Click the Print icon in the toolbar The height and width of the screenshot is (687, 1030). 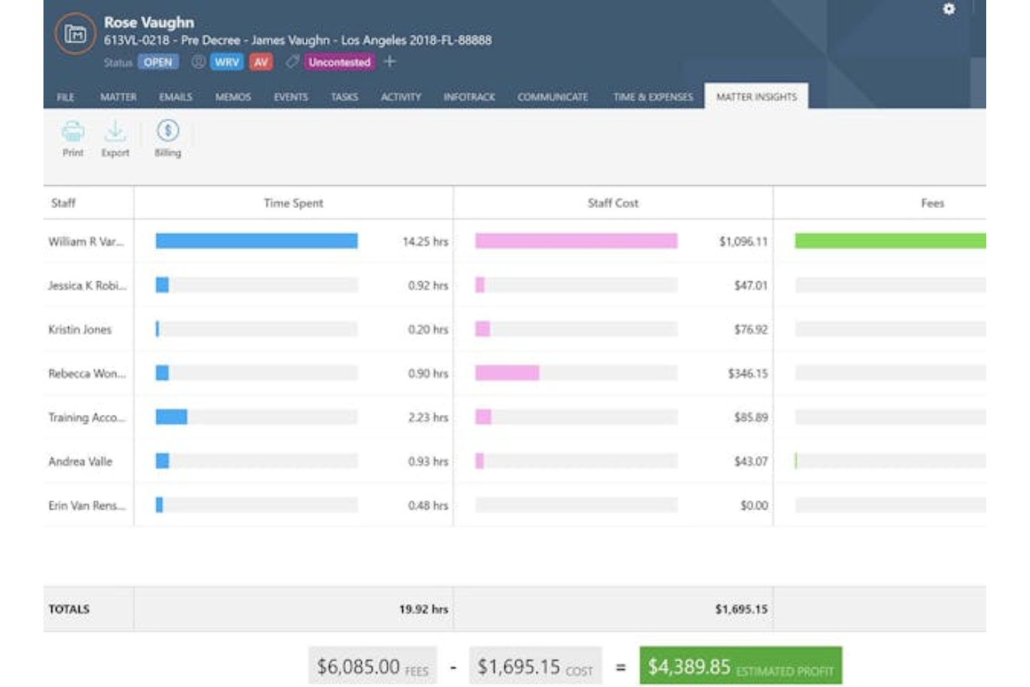72,132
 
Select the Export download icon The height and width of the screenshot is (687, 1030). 115,132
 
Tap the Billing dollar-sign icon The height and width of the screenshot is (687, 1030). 168,132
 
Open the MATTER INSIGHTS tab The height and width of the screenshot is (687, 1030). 756,97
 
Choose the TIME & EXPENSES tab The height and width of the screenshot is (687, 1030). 653,97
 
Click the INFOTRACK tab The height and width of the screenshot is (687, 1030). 469,97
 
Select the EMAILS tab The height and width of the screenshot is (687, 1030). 175,97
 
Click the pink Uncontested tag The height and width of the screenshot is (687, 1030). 340,62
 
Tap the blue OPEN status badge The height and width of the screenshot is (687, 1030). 158,62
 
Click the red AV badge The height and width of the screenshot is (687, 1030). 261,62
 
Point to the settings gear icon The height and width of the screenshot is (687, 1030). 949,9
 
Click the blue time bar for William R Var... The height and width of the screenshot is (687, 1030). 256,241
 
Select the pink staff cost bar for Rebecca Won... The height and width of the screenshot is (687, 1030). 507,373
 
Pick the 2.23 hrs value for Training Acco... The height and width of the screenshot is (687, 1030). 427,418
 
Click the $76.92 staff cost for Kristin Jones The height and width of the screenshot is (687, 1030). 750,329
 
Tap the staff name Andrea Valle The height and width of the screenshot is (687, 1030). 80,461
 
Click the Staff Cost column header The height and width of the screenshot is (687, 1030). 612,203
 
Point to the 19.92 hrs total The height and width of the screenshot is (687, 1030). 423,609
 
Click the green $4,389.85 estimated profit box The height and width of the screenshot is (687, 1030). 740,667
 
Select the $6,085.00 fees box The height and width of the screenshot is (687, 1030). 372,667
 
